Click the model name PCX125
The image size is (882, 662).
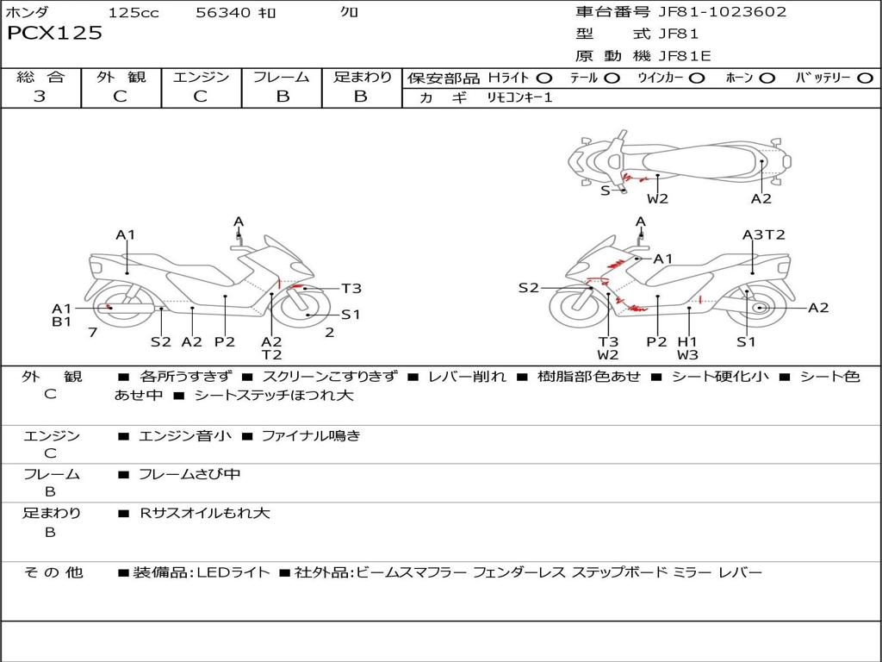pos(54,33)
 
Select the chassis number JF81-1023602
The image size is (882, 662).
pos(723,11)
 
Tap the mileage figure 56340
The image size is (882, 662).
pos(223,12)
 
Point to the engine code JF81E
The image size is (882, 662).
pos(685,56)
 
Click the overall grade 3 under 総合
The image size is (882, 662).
pos(40,96)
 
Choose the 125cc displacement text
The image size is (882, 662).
pos(134,12)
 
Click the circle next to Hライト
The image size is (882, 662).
pos(544,78)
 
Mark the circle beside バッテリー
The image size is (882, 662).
pos(865,78)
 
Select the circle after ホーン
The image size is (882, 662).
pos(767,78)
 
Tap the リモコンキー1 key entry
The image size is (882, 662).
pos(519,97)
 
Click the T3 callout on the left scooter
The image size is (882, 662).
pos(351,288)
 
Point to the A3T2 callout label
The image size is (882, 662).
pos(764,234)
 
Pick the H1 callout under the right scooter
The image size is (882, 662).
pos(686,341)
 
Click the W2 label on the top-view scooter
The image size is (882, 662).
pos(657,198)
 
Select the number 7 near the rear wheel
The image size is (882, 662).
pos(93,332)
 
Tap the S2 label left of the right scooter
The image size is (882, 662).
pos(528,288)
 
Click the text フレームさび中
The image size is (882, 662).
pos(189,474)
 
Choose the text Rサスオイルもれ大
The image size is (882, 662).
pos(205,513)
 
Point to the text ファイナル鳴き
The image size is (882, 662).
pos(311,435)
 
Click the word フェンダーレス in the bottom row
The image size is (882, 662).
pos(519,572)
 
